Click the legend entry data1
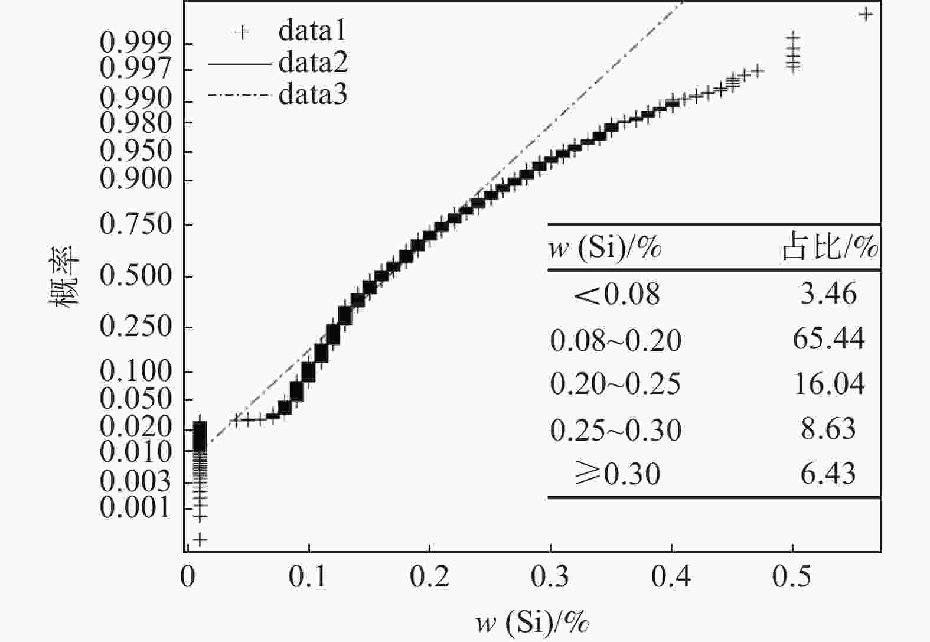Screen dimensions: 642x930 (x=312, y=31)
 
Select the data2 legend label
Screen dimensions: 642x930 (x=313, y=62)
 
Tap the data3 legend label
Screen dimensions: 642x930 (x=313, y=94)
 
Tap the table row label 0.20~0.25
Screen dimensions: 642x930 (x=615, y=384)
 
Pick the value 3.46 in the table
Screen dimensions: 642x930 (x=828, y=294)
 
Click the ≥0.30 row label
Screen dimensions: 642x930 (x=617, y=474)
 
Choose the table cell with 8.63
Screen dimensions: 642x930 (x=828, y=429)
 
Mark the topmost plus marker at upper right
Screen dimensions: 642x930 (x=866, y=14)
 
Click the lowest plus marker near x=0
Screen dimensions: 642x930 (x=200, y=539)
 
